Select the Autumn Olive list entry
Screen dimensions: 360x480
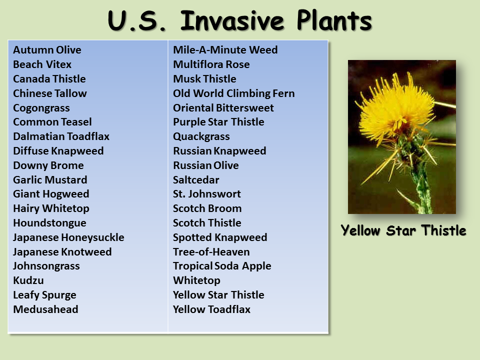pyautogui.click(x=47, y=50)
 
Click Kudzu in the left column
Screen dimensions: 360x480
pyautogui.click(x=28, y=280)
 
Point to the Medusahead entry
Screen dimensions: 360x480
pyautogui.click(x=45, y=309)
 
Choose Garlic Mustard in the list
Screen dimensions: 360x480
pyautogui.click(x=50, y=180)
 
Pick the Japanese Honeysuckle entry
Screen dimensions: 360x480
pyautogui.click(x=68, y=237)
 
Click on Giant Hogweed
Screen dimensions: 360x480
pyautogui.click(x=51, y=194)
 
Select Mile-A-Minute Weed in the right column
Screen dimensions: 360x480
pyautogui.click(x=225, y=50)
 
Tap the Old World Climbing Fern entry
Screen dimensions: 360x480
pyautogui.click(x=233, y=93)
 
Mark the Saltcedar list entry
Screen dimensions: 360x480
pyautogui.click(x=196, y=180)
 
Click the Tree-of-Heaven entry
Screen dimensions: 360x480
pyautogui.click(x=211, y=252)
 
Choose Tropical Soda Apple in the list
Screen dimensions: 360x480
pyautogui.click(x=222, y=266)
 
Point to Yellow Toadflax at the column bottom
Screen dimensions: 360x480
pyautogui.click(x=211, y=309)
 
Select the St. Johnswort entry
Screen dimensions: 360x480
pyautogui.click(x=206, y=194)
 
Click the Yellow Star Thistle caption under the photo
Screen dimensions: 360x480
pyautogui.click(x=403, y=230)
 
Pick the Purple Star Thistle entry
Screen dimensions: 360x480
pyautogui.click(x=218, y=122)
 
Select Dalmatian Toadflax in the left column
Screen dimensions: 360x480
pyautogui.click(x=61, y=136)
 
